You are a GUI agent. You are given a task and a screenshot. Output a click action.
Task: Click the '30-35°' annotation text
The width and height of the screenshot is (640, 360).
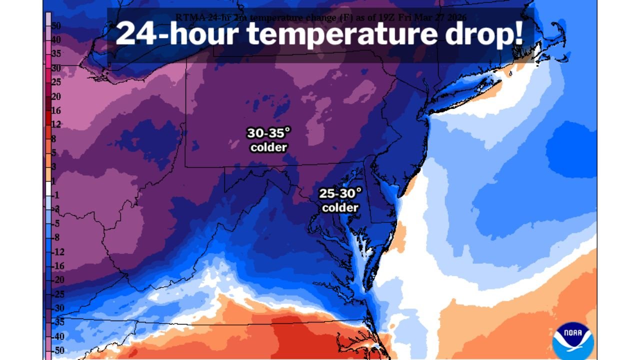pyautogui.click(x=268, y=133)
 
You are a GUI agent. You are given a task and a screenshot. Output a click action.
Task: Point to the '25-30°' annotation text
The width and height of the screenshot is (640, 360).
pyautogui.click(x=340, y=193)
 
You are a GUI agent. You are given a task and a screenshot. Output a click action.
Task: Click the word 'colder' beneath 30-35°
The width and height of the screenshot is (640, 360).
pyautogui.click(x=268, y=147)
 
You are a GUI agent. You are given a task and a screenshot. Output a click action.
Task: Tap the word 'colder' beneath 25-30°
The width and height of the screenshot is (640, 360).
pyautogui.click(x=340, y=207)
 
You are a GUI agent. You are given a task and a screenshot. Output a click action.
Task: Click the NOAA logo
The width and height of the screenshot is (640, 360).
pyautogui.click(x=573, y=340)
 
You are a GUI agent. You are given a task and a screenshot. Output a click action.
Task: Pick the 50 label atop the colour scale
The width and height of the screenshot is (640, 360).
pyautogui.click(x=56, y=25)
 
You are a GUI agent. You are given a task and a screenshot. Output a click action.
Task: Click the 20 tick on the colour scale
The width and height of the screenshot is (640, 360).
pyautogui.click(x=56, y=96)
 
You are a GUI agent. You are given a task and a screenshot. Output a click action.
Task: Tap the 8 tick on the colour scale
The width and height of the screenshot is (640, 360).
pyautogui.click(x=54, y=138)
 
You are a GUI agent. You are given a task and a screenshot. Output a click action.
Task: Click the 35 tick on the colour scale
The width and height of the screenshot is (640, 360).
pyautogui.click(x=56, y=53)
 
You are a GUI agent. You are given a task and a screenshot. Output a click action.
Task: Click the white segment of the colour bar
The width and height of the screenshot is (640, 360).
pyautogui.click(x=48, y=188)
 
